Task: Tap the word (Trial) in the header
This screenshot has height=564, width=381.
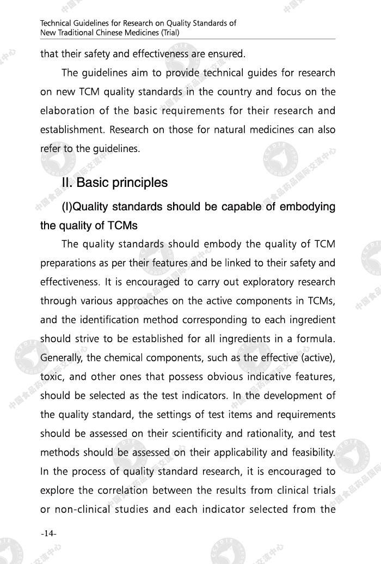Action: pyautogui.click(x=169, y=32)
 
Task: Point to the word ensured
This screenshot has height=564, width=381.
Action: pyautogui.click(x=226, y=54)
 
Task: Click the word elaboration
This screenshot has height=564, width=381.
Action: pyautogui.click(x=66, y=111)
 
